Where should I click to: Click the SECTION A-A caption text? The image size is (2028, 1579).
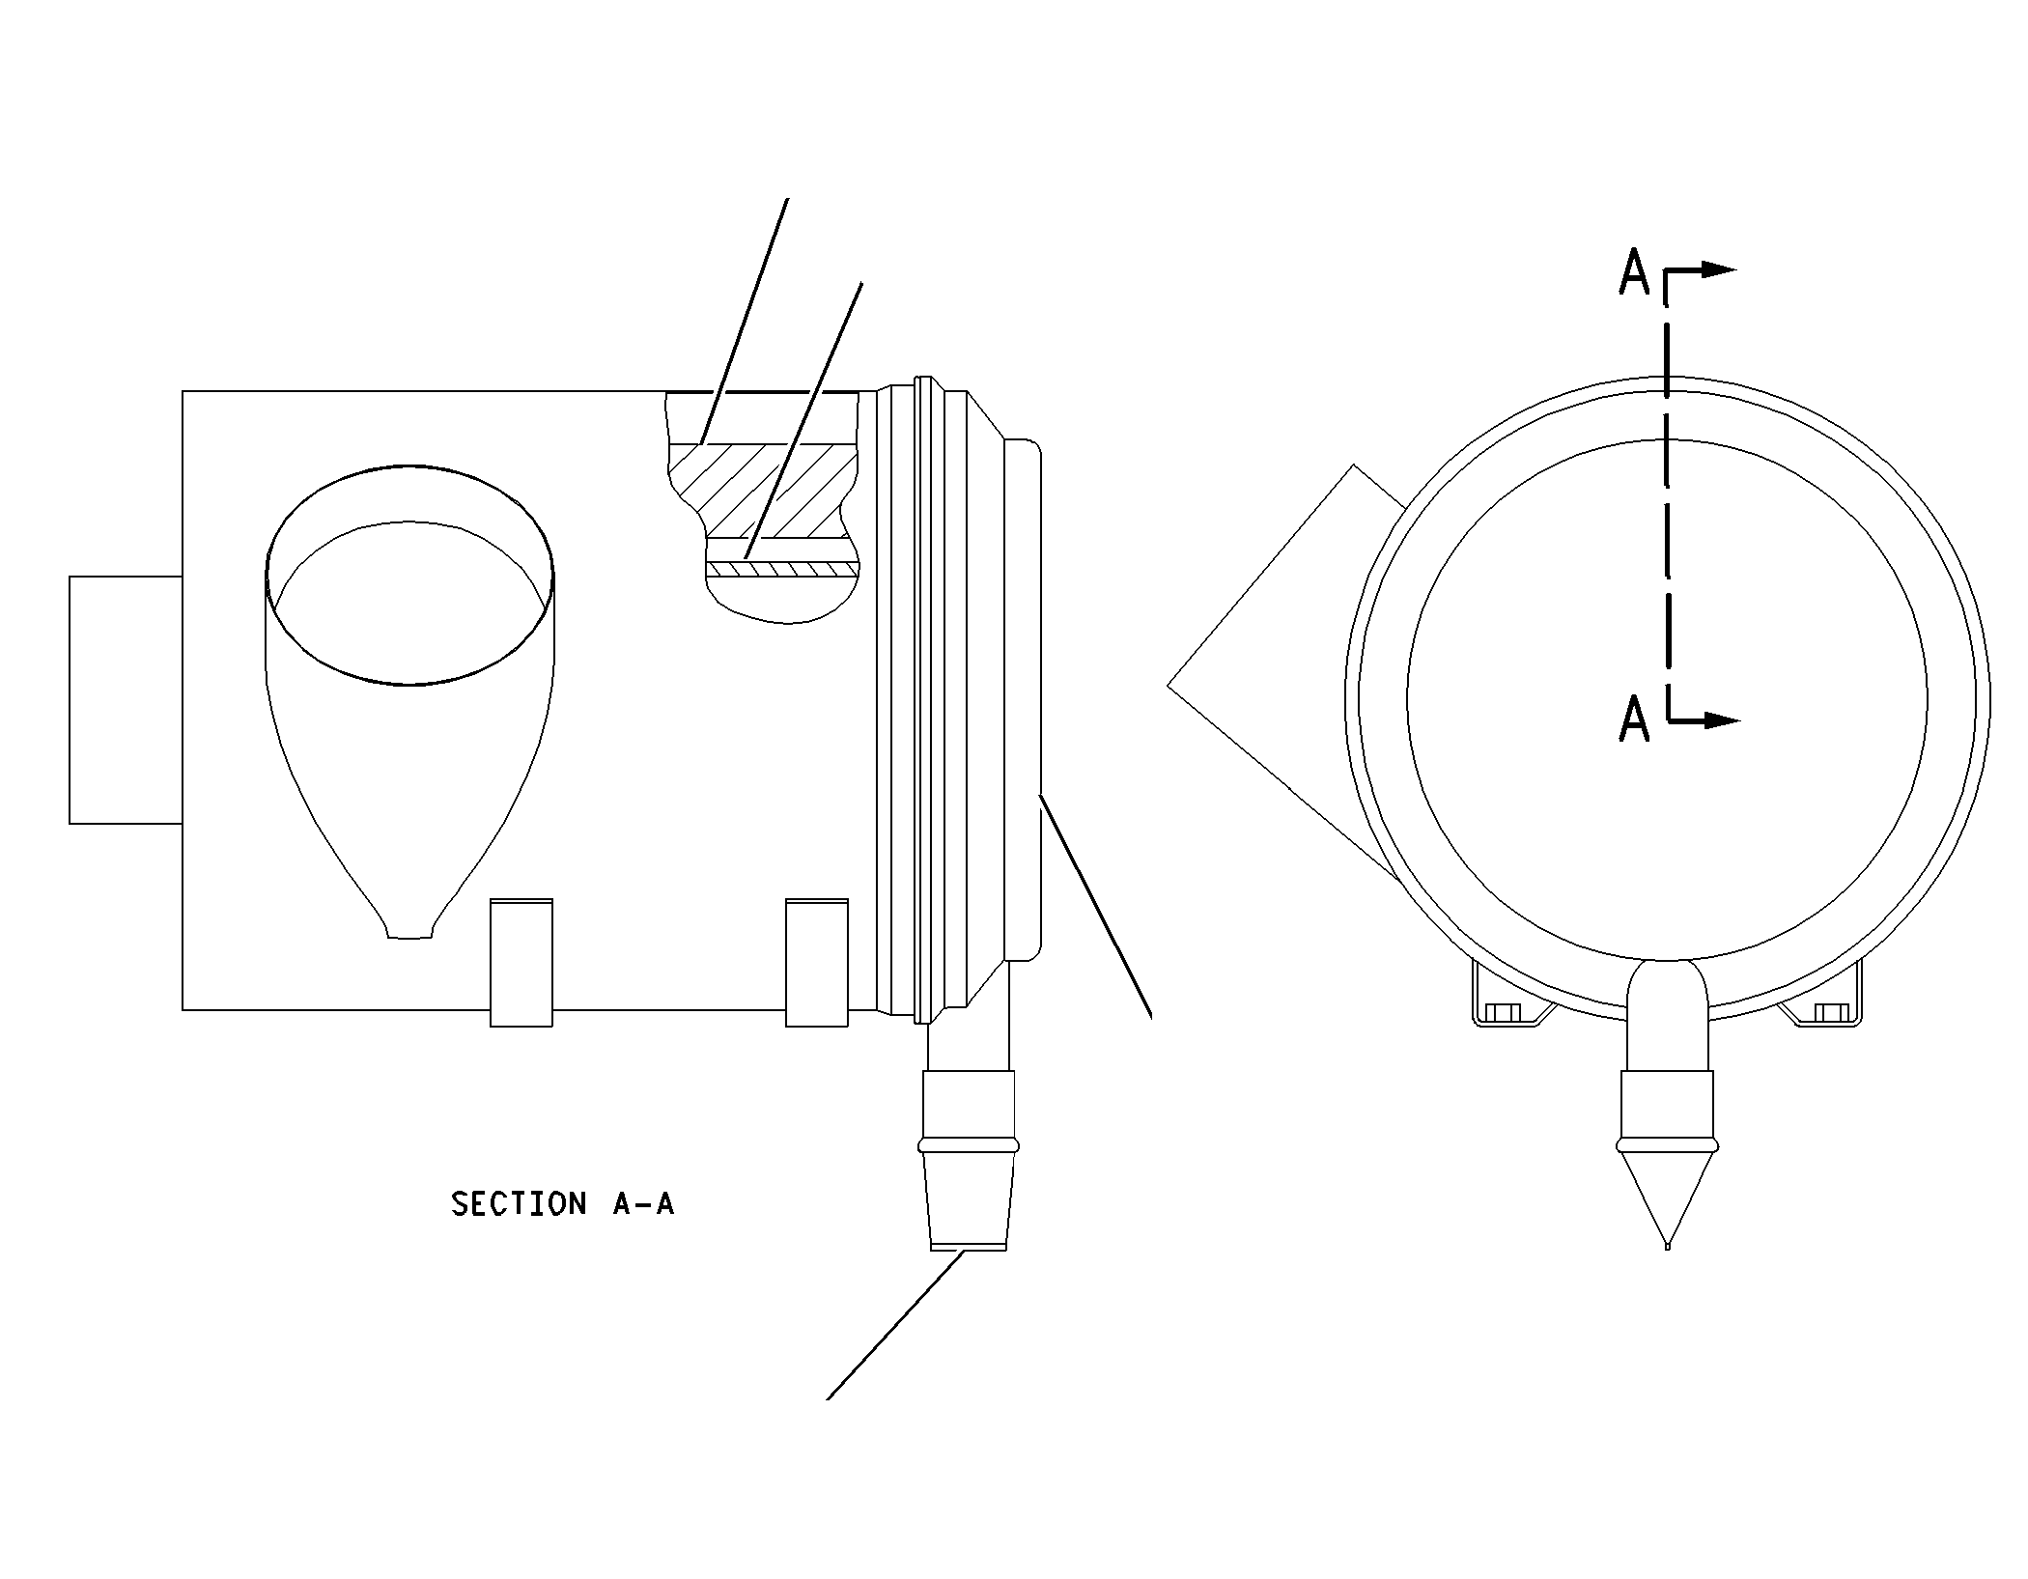(562, 1203)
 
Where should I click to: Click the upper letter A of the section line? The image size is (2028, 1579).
(1634, 272)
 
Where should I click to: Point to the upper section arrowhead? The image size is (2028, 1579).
(1718, 269)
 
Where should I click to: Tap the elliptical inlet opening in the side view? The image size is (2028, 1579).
(410, 575)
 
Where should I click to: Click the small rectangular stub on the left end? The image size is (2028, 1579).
(126, 699)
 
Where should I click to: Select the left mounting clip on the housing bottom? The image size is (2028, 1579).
(521, 962)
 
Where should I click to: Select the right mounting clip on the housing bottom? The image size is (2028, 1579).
(817, 962)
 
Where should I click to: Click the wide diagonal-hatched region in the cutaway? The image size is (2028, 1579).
(763, 491)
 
